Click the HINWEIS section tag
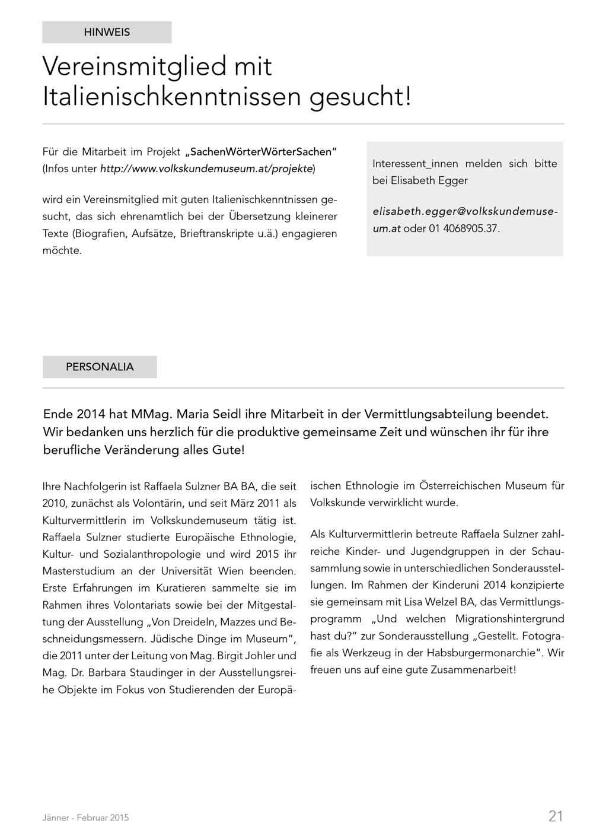tap(107, 33)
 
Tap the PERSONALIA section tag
tap(100, 367)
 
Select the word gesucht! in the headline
tap(360, 97)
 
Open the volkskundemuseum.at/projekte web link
tap(206, 169)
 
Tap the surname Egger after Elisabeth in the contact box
tap(452, 180)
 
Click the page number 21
tap(556, 816)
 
